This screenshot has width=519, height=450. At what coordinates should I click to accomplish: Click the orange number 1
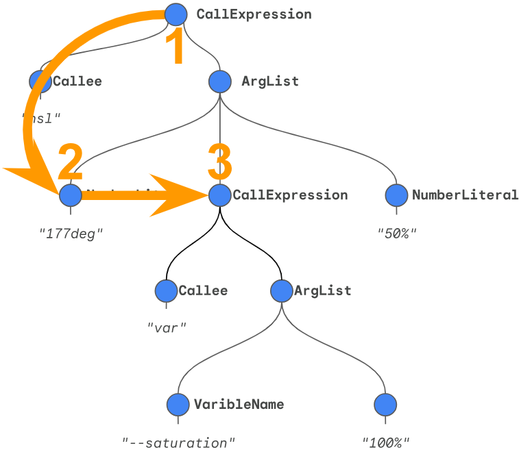pos(176,47)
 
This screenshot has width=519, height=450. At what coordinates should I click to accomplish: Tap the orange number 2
pos(71,162)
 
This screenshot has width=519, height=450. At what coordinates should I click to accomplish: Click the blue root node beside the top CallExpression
pos(176,14)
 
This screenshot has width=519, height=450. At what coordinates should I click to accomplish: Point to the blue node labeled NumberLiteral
pos(397,195)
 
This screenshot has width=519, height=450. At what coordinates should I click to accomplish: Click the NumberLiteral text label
pos(465,195)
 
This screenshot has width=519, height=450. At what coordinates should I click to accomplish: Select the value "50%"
pos(397,233)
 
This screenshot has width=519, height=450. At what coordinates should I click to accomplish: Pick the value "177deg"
pos(71,233)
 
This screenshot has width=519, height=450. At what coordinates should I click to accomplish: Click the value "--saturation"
pos(178,442)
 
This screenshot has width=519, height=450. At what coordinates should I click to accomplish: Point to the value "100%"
pos(385,442)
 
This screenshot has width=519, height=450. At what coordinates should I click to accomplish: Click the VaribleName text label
pos(239,404)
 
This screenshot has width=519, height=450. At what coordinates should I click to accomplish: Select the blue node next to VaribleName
pos(178,404)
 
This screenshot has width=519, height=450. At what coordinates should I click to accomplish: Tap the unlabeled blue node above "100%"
pos(385,404)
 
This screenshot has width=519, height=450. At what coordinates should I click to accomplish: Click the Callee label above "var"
pos(203,290)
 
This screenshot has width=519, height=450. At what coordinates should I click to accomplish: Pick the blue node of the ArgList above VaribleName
pos(282,290)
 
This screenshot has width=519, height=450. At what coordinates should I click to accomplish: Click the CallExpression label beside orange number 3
pos(290,195)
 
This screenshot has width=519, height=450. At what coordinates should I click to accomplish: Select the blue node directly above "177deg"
pos(71,195)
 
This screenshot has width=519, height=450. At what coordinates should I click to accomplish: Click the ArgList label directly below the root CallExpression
pos(270,82)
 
